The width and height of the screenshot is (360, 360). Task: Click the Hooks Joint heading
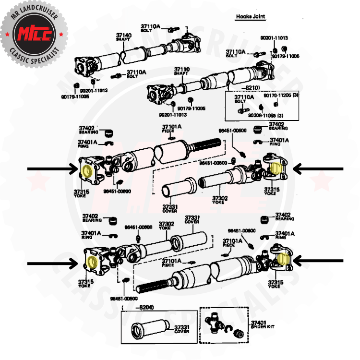click(250, 16)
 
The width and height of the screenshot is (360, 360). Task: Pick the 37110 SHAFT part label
click(182, 71)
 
